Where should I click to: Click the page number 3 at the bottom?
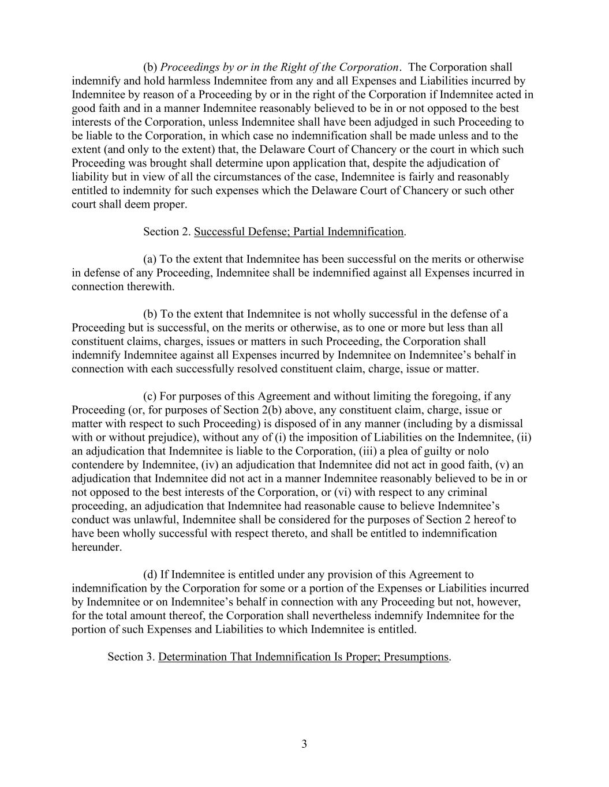pos(304,744)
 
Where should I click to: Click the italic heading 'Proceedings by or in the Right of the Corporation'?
pos(279,67)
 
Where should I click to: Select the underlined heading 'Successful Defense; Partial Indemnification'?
pos(298,232)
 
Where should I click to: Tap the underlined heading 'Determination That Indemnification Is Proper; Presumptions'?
pos(303,657)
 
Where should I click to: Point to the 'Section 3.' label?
pos(131,657)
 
